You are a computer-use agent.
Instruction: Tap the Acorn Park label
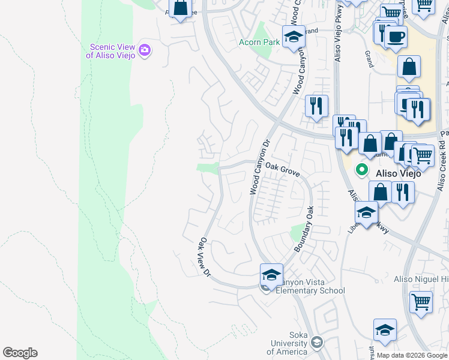point(259,43)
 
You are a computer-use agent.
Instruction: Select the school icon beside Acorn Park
point(294,37)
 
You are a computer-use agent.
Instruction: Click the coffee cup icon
point(395,37)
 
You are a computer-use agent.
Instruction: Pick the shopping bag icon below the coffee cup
point(408,68)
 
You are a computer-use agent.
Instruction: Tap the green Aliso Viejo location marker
point(361,170)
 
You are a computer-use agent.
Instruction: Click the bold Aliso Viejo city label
point(396,173)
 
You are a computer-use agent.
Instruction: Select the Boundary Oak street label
point(304,229)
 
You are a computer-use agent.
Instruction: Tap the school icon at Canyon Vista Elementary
point(271,275)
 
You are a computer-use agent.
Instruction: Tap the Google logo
point(20,353)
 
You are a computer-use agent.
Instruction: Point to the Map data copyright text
point(411,355)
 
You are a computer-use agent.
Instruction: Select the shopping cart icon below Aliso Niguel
point(421,302)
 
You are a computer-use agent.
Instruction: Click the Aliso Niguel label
point(420,279)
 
